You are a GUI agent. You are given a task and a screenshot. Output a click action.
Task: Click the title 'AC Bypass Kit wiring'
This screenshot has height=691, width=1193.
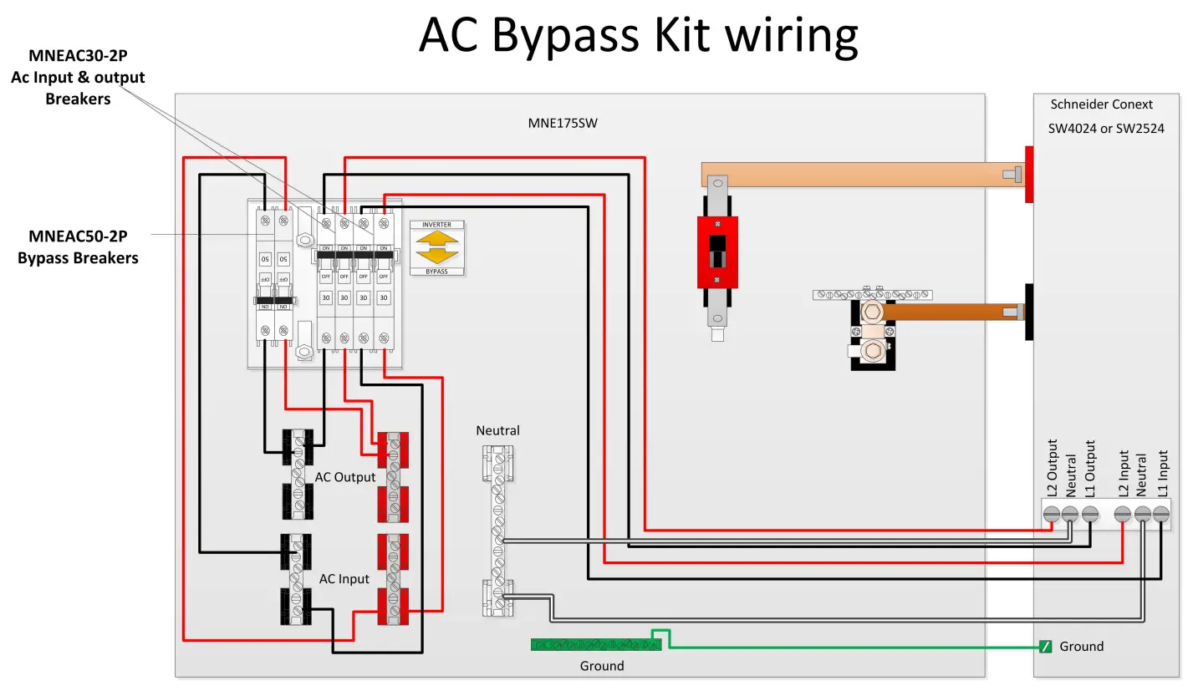(638, 35)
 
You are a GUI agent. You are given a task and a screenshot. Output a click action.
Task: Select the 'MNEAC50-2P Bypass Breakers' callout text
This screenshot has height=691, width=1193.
(78, 247)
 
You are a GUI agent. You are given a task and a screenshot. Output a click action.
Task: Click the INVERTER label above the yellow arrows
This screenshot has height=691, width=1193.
(436, 225)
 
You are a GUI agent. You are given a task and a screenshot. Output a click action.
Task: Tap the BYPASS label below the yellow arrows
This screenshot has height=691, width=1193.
(436, 272)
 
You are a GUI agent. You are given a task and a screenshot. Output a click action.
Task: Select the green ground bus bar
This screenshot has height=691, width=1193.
(596, 644)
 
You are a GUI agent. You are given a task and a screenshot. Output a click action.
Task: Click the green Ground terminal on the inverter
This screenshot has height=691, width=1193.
(1045, 647)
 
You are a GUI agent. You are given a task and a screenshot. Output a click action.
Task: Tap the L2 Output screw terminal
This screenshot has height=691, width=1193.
(1052, 514)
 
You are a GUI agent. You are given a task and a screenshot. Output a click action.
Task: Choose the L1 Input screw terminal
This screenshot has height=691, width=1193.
(1161, 514)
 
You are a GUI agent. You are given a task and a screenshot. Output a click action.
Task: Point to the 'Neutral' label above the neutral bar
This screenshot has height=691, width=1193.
(497, 431)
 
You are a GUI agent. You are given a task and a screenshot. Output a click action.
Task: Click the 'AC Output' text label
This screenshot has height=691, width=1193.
(345, 477)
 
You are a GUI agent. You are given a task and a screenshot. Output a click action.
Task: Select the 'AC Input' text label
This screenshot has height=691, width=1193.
(344, 579)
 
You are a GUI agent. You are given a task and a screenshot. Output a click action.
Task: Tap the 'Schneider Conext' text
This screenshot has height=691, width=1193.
(1101, 104)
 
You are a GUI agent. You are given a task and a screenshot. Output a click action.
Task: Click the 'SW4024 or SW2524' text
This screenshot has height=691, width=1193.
(1107, 129)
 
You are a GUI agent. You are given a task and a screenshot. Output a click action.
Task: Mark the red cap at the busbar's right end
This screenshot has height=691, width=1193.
(1029, 174)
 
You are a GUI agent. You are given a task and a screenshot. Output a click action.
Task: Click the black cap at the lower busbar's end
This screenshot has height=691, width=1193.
(1029, 312)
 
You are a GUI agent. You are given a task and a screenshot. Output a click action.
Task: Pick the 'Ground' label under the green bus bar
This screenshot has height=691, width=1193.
(602, 666)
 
